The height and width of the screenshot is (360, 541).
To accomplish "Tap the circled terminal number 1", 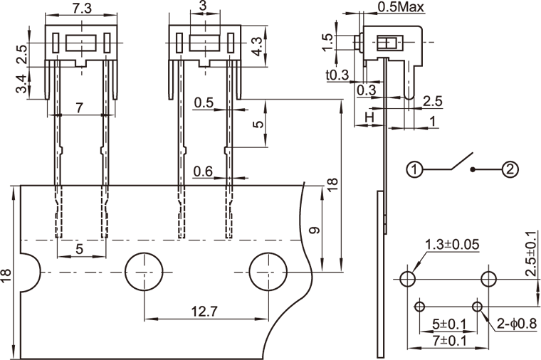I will (416, 169).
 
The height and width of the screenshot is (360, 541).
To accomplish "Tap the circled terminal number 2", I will (510, 169).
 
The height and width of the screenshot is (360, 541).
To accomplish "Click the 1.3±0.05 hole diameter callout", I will (452, 245).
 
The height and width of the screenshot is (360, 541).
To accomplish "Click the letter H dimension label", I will (369, 116).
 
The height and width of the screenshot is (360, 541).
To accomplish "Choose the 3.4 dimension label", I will (22, 84).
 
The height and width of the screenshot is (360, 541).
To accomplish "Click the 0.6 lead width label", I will (203, 171).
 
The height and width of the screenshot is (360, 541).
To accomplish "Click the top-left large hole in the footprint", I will (408, 277).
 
